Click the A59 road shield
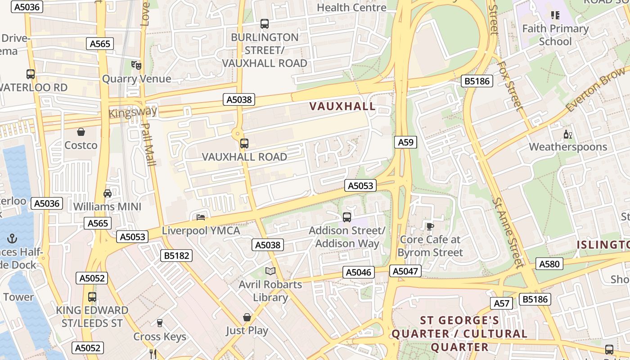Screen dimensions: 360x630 click(x=405, y=142)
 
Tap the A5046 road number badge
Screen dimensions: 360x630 click(x=359, y=272)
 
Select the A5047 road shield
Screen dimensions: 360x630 click(x=406, y=271)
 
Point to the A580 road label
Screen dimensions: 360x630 click(x=549, y=264)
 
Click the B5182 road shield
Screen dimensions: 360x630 click(x=176, y=256)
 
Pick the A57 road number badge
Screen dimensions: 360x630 click(x=501, y=303)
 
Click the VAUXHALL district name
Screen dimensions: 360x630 click(x=342, y=106)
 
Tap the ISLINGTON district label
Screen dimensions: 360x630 click(x=603, y=244)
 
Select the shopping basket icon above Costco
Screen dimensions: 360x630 click(x=81, y=132)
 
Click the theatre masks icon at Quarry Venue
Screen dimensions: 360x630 click(x=136, y=65)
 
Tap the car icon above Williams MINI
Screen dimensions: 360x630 click(x=108, y=193)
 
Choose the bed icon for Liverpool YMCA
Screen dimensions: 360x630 click(x=201, y=217)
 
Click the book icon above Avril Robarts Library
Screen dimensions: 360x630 click(x=270, y=271)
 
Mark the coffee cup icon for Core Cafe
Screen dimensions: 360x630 click(x=430, y=226)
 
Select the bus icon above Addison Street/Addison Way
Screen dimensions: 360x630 click(x=347, y=217)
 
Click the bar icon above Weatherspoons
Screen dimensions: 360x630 click(x=567, y=134)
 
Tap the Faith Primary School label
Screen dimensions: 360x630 click(x=555, y=35)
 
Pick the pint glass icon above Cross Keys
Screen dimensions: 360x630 click(x=159, y=323)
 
